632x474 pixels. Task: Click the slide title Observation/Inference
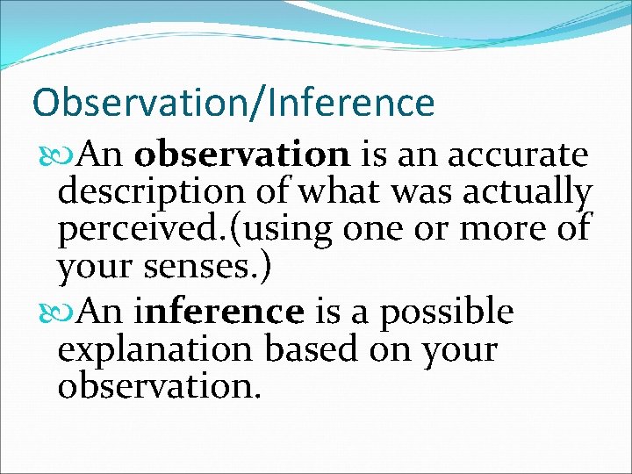click(x=233, y=103)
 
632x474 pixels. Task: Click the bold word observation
click(x=242, y=155)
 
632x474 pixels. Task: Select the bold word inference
click(x=219, y=311)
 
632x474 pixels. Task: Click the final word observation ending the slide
click(x=159, y=387)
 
